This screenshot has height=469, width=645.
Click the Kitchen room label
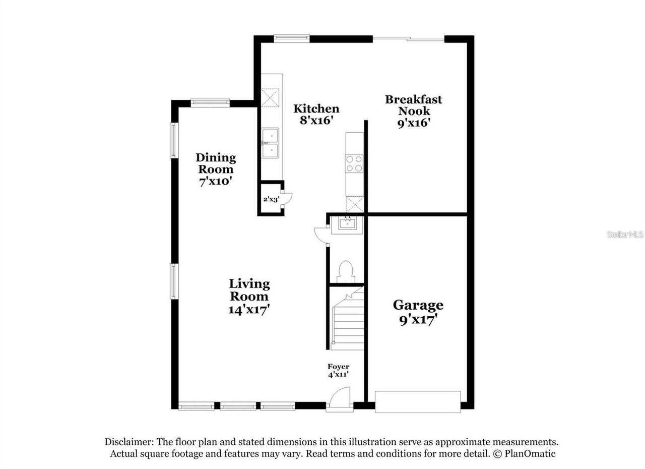[316, 109]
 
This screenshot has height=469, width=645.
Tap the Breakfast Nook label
[414, 105]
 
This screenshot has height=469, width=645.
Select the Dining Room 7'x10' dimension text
[216, 182]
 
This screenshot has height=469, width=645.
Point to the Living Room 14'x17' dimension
[249, 309]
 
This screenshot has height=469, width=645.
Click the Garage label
[418, 305]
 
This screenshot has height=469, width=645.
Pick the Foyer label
[338, 367]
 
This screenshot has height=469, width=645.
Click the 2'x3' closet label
[270, 199]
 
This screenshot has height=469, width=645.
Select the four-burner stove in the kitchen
[354, 163]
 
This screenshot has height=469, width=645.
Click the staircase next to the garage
[347, 320]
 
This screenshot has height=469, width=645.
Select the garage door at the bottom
[418, 401]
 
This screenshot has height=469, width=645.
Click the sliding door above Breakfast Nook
[408, 38]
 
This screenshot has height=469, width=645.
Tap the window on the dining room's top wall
[210, 103]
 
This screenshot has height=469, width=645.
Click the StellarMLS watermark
[625, 234]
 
